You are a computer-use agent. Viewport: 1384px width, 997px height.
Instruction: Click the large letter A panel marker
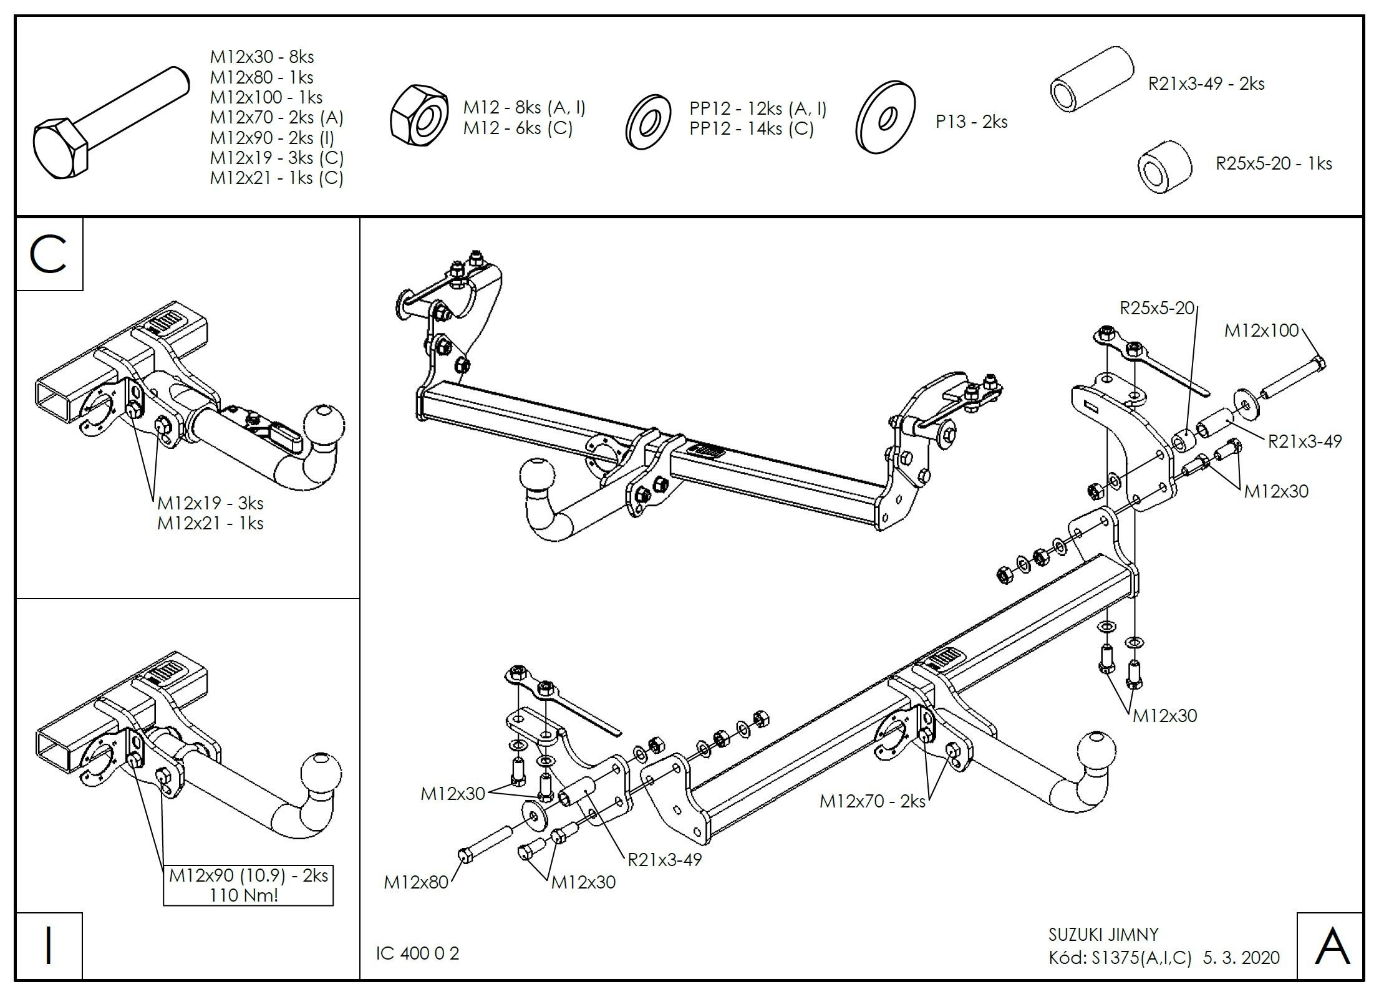coord(1332,946)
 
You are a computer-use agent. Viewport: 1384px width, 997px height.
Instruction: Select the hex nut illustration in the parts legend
coord(419,118)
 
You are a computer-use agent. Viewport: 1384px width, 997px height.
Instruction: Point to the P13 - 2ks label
coord(971,122)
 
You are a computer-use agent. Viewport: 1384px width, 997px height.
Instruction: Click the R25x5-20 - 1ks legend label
coord(1274,163)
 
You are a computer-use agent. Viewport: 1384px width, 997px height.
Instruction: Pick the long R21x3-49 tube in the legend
coord(1091,79)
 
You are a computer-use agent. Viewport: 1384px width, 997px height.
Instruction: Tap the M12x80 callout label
coord(415,882)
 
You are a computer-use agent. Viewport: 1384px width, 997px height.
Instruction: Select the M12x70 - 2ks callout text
coord(872,801)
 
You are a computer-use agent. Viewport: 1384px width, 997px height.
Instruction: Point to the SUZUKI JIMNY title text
coord(1103,935)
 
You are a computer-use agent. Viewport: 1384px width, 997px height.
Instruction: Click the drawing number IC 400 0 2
coord(417,953)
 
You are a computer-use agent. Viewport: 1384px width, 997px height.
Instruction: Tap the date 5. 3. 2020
coord(1241,957)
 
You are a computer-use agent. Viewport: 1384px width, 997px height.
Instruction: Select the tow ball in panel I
coord(322,773)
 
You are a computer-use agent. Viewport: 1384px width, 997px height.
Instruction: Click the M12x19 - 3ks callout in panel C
coord(210,503)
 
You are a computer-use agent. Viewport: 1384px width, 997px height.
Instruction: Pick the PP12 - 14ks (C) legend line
coord(751,128)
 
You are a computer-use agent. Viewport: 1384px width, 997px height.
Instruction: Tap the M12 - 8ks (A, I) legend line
coord(524,108)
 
